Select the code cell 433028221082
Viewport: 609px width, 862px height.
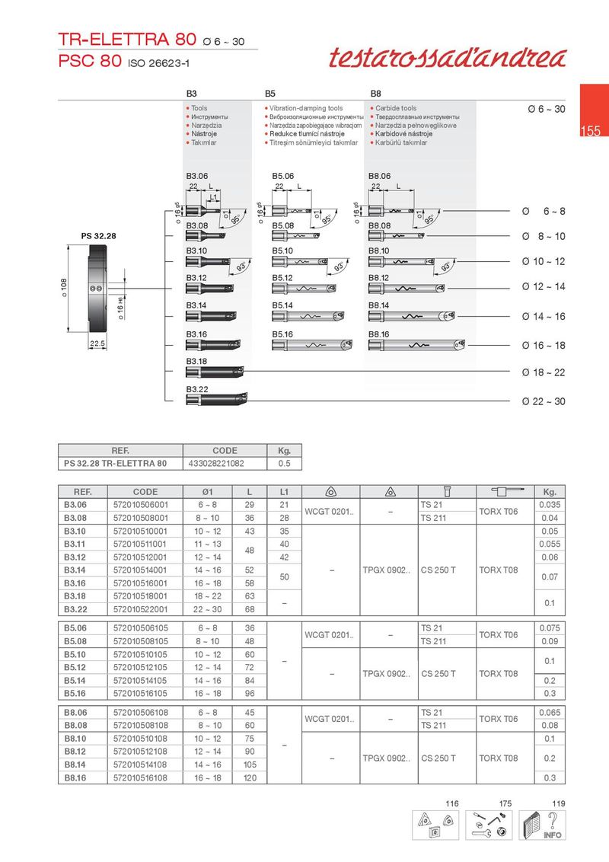coord(225,463)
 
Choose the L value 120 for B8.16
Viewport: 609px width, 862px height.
coord(249,778)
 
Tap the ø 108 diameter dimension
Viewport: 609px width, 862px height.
coord(64,288)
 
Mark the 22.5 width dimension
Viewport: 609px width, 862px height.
coord(97,344)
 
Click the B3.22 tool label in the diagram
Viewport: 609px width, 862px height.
coord(197,389)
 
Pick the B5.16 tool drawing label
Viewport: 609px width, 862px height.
coord(283,334)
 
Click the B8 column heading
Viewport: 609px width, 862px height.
coord(375,93)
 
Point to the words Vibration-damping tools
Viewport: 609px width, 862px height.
coord(306,109)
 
